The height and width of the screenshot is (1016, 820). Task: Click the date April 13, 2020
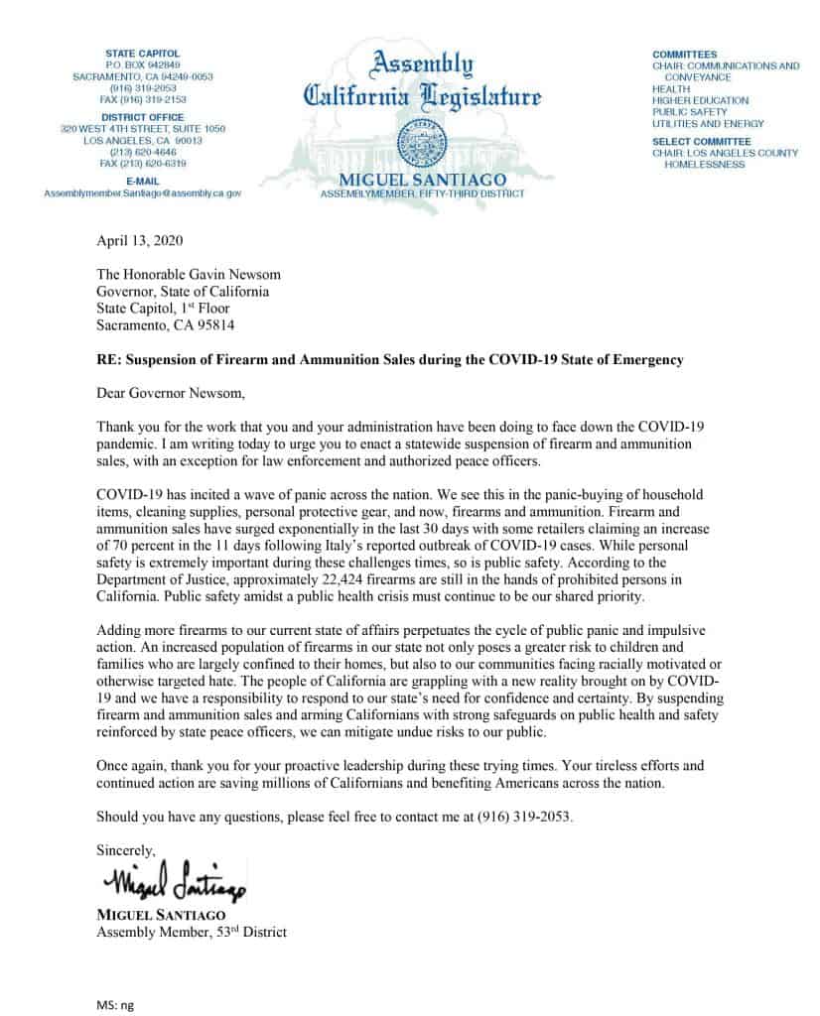pyautogui.click(x=139, y=241)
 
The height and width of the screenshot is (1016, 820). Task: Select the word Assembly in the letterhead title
pyautogui.click(x=422, y=65)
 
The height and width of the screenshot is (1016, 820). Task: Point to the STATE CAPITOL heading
pyautogui.click(x=142, y=53)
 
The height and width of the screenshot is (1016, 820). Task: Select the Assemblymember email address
pyautogui.click(x=142, y=192)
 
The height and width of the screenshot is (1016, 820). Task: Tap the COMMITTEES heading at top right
pyautogui.click(x=684, y=54)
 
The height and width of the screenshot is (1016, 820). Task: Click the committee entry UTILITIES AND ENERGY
pyautogui.click(x=707, y=124)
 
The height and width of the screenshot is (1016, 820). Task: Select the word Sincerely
pyautogui.click(x=126, y=850)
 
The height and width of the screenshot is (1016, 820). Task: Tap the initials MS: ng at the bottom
pyautogui.click(x=114, y=1004)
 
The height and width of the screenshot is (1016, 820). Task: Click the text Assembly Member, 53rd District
pyautogui.click(x=192, y=932)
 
